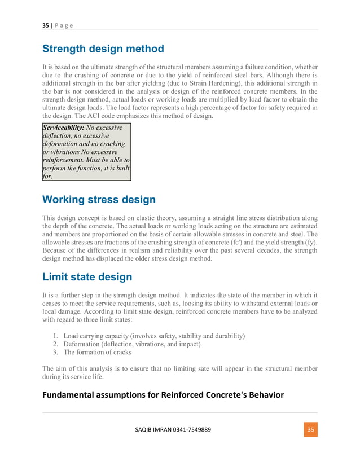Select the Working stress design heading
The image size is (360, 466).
(99, 199)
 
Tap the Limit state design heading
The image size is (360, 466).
(87, 276)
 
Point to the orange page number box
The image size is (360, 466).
(309, 429)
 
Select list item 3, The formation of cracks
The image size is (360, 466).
(100, 352)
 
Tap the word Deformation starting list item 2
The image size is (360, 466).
(84, 344)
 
